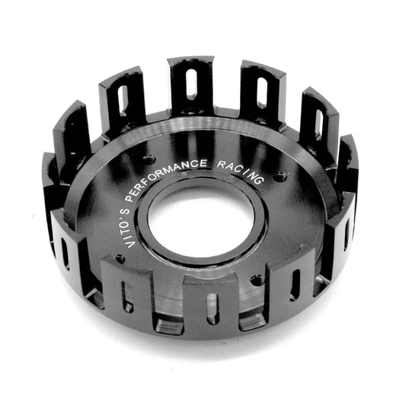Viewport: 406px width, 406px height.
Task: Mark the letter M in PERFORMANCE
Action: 186,165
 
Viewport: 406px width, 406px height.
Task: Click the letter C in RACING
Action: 244,170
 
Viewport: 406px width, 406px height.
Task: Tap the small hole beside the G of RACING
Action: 282,177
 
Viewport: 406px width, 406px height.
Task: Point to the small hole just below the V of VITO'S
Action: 120,258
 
